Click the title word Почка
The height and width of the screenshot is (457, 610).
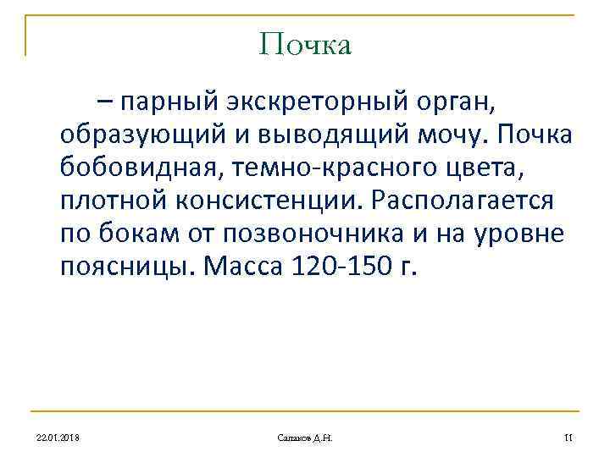point(305,44)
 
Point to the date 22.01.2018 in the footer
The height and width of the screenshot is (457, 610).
point(58,437)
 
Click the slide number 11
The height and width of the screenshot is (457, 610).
point(568,437)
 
